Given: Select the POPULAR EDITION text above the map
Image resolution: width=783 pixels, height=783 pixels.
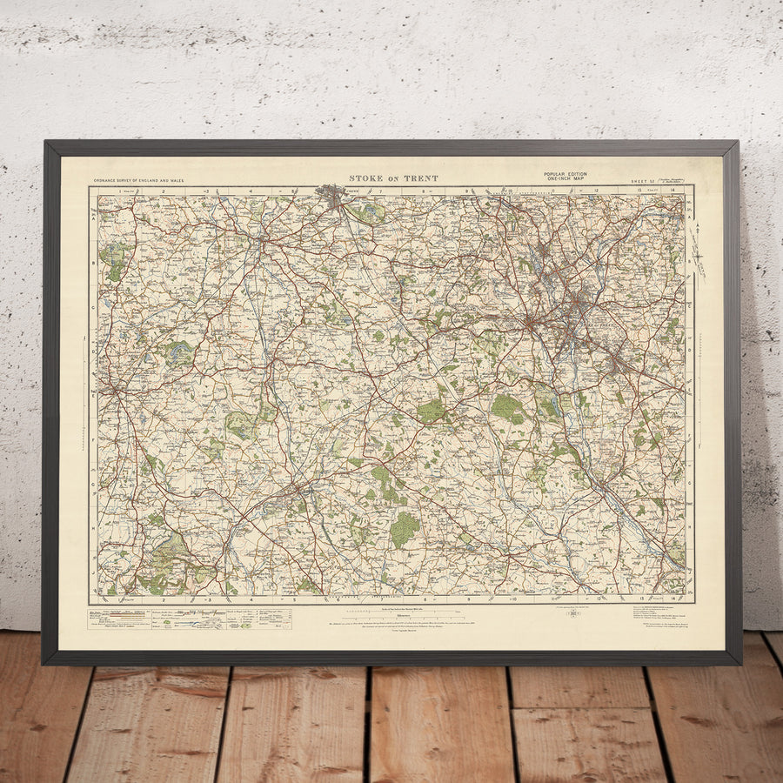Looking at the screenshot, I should pyautogui.click(x=565, y=174).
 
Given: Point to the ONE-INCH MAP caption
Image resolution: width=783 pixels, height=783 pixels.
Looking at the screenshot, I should pyautogui.click(x=565, y=179).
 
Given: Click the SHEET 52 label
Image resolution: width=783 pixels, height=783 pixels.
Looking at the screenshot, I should pyautogui.click(x=644, y=181).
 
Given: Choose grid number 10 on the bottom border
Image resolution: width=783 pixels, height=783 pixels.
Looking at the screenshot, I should pyautogui.click(x=513, y=599).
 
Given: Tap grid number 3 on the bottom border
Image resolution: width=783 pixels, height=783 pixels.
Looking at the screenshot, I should pyautogui.click(x=207, y=599).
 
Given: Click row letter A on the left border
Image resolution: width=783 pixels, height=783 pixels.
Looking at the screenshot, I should pyautogui.click(x=92, y=219).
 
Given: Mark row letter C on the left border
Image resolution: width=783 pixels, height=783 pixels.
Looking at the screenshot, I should pyautogui.click(x=92, y=304).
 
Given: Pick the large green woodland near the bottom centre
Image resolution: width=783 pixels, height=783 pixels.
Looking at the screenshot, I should pyautogui.click(x=405, y=529).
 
